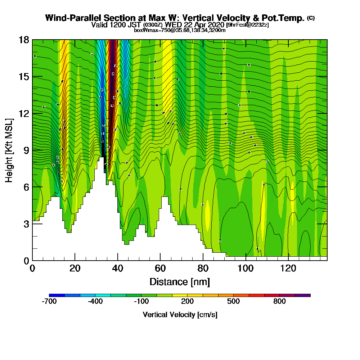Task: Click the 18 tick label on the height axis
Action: (24, 40)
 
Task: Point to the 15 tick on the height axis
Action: (24, 77)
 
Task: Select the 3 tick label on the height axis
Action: (26, 224)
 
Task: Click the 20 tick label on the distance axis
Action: (75, 269)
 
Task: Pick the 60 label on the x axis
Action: (160, 269)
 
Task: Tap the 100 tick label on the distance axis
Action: (246, 269)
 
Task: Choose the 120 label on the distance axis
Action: (288, 269)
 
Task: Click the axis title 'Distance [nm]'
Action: (180, 282)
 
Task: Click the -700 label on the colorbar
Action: (49, 301)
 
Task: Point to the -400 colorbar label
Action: (95, 301)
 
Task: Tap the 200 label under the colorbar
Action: (187, 301)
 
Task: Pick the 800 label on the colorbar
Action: (279, 301)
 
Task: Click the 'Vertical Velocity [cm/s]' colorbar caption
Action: (180, 315)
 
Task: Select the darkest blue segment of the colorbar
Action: (57, 295)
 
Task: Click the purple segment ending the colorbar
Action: (302, 295)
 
